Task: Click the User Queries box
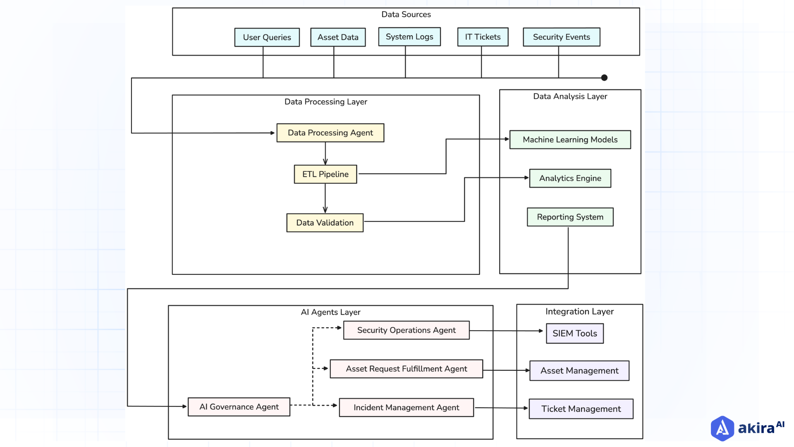267,37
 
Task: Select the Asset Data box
338,37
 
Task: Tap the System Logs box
409,37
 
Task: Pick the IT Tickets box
483,37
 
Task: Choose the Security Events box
561,37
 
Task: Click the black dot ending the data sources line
604,77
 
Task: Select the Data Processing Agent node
330,133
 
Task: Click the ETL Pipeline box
325,174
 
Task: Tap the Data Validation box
325,223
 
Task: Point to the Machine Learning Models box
570,139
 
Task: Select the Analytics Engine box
570,178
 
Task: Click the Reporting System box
570,217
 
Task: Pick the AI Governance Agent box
239,407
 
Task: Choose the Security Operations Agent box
406,330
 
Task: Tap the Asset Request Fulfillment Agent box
406,369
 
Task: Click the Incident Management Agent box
406,408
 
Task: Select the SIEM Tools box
574,334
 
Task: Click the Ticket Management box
581,409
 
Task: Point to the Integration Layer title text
579,312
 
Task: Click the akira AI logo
747,428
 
